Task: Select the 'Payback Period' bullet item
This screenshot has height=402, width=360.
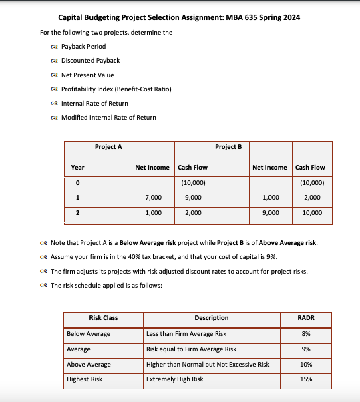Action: pos(83,46)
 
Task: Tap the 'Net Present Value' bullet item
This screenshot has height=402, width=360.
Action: pos(87,75)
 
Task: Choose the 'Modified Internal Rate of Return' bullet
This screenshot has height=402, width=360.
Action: pos(108,118)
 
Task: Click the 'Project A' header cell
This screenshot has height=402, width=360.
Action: pos(108,146)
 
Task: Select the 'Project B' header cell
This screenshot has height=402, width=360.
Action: pos(228,146)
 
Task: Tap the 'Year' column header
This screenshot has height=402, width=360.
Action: pos(77,168)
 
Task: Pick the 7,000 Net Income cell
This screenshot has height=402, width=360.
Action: pos(152,198)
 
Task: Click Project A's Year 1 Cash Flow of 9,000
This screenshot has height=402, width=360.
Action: pos(192,198)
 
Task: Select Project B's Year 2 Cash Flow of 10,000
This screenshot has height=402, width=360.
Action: pos(312,213)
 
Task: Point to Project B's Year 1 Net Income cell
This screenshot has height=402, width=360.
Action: pos(271,198)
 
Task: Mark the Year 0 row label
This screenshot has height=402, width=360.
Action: pos(77,183)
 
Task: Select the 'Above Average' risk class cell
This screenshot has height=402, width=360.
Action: pos(89,364)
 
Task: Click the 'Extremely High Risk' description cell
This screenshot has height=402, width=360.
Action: pos(174,379)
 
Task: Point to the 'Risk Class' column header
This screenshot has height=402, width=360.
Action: pos(103,318)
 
